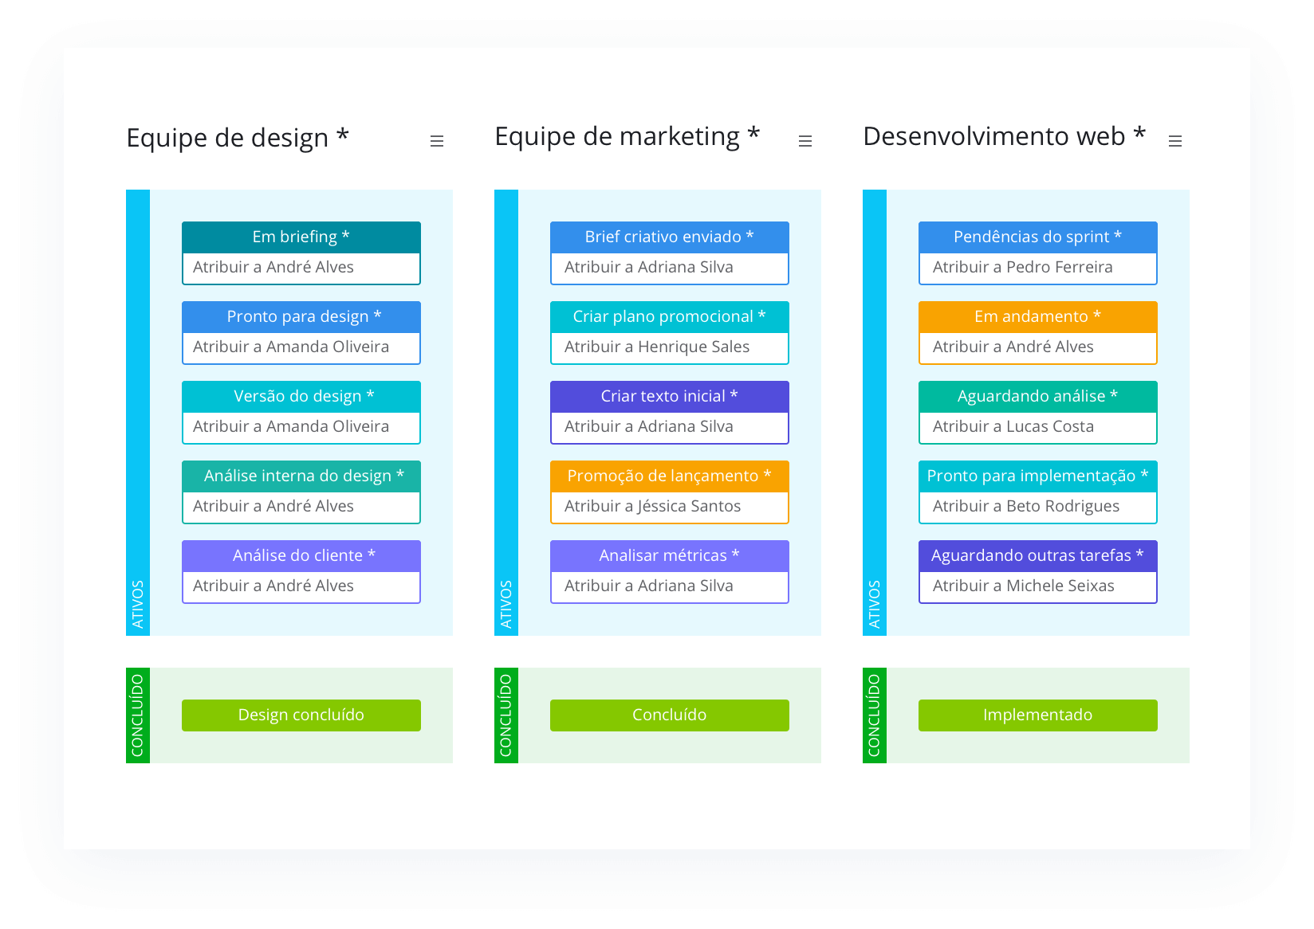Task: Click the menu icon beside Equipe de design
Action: (436, 141)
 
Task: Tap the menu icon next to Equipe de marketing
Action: (805, 141)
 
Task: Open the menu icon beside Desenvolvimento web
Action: (1174, 141)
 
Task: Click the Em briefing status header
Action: (301, 237)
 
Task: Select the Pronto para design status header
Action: (301, 316)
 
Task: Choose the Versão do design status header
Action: (301, 396)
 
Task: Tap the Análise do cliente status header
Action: (301, 555)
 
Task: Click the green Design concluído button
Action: (301, 715)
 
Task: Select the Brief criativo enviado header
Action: (669, 237)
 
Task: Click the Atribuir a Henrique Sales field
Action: (669, 347)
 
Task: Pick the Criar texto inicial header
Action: (669, 396)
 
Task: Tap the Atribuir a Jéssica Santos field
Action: (669, 507)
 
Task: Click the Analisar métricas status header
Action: (669, 555)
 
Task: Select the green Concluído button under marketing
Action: (669, 715)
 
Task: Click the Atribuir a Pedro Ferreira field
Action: (1037, 268)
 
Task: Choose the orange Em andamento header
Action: (1037, 316)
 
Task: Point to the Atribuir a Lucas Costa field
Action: (1037, 427)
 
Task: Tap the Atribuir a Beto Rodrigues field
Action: (1037, 507)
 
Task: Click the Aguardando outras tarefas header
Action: (1037, 555)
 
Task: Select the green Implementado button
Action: (1037, 715)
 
